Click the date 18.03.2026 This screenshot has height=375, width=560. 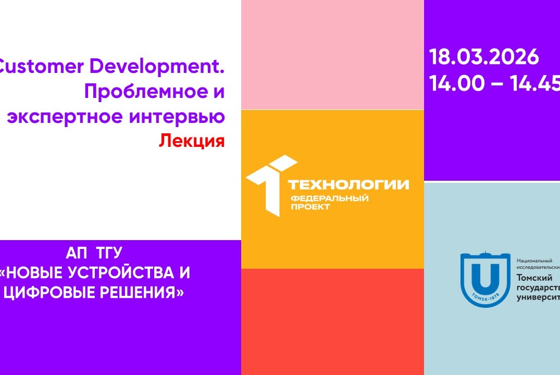pos(484,57)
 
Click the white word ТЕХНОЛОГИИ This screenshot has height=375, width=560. pos(348,184)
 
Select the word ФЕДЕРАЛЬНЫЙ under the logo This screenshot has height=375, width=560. pos(329,198)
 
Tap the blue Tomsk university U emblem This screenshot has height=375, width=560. pos(484,279)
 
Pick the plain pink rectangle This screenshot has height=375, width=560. pos(332,55)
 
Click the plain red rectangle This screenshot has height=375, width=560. pos(332,321)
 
